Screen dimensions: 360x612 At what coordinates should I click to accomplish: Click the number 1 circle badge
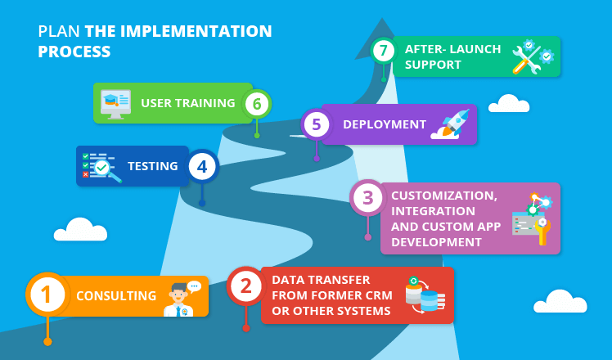[x=47, y=295]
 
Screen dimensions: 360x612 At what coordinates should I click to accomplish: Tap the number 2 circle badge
[x=246, y=286]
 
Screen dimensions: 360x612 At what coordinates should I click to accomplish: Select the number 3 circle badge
[x=368, y=198]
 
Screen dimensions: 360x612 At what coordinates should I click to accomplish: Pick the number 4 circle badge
[x=202, y=167]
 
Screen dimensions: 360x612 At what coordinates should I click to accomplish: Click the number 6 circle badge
[x=257, y=104]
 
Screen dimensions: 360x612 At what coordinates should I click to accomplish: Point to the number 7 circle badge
[x=383, y=51]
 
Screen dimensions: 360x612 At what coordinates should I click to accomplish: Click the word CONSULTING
[x=116, y=296]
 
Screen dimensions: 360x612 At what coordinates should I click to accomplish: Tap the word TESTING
[x=153, y=166]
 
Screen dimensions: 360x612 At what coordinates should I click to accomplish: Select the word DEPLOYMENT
[x=385, y=124]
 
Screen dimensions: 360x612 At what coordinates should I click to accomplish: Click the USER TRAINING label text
[x=188, y=103]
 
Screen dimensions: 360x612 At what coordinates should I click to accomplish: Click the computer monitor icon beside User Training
[x=115, y=104]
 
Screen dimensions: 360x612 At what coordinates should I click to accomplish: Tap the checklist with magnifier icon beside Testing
[x=101, y=166]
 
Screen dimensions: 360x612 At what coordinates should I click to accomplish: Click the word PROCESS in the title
[x=74, y=52]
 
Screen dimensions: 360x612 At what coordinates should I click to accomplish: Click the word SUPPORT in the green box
[x=433, y=65]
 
